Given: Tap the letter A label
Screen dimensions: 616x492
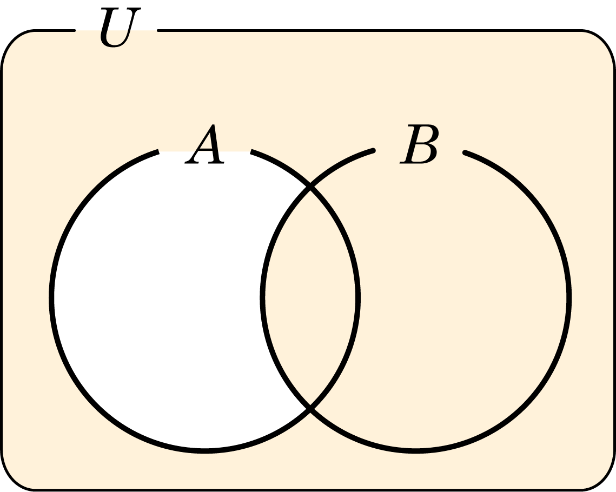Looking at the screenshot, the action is [x=204, y=144].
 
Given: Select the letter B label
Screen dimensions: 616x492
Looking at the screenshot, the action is [x=419, y=144].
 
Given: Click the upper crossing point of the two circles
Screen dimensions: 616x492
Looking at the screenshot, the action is [x=310, y=187].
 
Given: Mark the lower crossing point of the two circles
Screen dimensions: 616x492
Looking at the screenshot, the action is [x=310, y=408].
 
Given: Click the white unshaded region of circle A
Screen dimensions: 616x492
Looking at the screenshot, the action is [x=157, y=298].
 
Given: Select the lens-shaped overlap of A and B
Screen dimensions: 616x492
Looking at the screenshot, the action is [x=310, y=298].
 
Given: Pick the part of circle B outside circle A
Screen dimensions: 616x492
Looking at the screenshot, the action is [x=463, y=298].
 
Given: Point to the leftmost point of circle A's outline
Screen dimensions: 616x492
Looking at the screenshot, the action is [x=51, y=298].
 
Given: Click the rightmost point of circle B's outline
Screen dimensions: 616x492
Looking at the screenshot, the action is [x=569, y=298].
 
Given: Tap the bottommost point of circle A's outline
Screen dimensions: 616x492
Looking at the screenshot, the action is [x=204, y=451].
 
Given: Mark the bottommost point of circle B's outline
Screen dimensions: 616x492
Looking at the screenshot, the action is [x=416, y=451].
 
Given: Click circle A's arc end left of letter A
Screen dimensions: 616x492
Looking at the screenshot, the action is [x=158, y=151].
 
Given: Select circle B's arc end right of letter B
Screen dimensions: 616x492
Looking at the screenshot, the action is [x=465, y=152].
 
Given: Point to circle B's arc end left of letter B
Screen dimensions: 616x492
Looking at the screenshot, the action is [x=373, y=150].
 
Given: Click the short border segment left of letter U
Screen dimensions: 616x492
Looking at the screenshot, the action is [x=55, y=30].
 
